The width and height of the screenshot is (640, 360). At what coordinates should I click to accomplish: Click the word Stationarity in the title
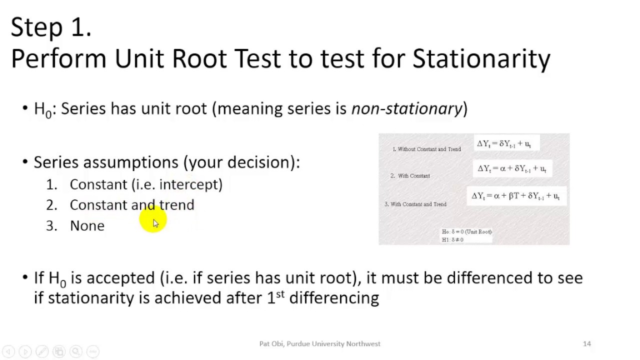[481, 59]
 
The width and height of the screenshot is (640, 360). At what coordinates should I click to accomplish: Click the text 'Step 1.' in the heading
[51, 27]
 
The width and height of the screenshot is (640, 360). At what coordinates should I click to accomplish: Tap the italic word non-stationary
[406, 108]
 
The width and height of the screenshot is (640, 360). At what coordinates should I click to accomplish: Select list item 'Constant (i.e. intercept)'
[146, 184]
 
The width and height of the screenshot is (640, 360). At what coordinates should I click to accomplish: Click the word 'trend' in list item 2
[176, 205]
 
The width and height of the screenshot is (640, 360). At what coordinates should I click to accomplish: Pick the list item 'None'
[87, 226]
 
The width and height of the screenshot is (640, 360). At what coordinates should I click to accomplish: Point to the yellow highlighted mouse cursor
[154, 222]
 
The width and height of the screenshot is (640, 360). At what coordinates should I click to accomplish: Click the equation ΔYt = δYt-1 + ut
[504, 144]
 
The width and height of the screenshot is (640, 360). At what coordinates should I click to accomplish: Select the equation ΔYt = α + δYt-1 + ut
[512, 169]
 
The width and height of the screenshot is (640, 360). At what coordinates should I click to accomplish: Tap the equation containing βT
[515, 196]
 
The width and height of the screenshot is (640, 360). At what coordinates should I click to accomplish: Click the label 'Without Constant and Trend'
[427, 149]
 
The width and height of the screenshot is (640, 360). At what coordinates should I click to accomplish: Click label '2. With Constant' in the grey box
[410, 176]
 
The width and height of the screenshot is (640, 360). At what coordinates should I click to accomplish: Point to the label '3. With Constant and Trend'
[415, 204]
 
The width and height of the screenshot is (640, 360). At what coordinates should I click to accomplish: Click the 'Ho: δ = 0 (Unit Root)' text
[466, 232]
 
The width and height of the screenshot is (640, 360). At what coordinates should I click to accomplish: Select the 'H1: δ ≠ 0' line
[452, 240]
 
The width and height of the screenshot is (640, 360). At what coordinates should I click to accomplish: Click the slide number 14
[587, 344]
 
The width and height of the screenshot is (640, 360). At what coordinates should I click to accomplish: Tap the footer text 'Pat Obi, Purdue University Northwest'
[319, 344]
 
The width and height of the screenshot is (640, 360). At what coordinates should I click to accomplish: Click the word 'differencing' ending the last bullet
[334, 298]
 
